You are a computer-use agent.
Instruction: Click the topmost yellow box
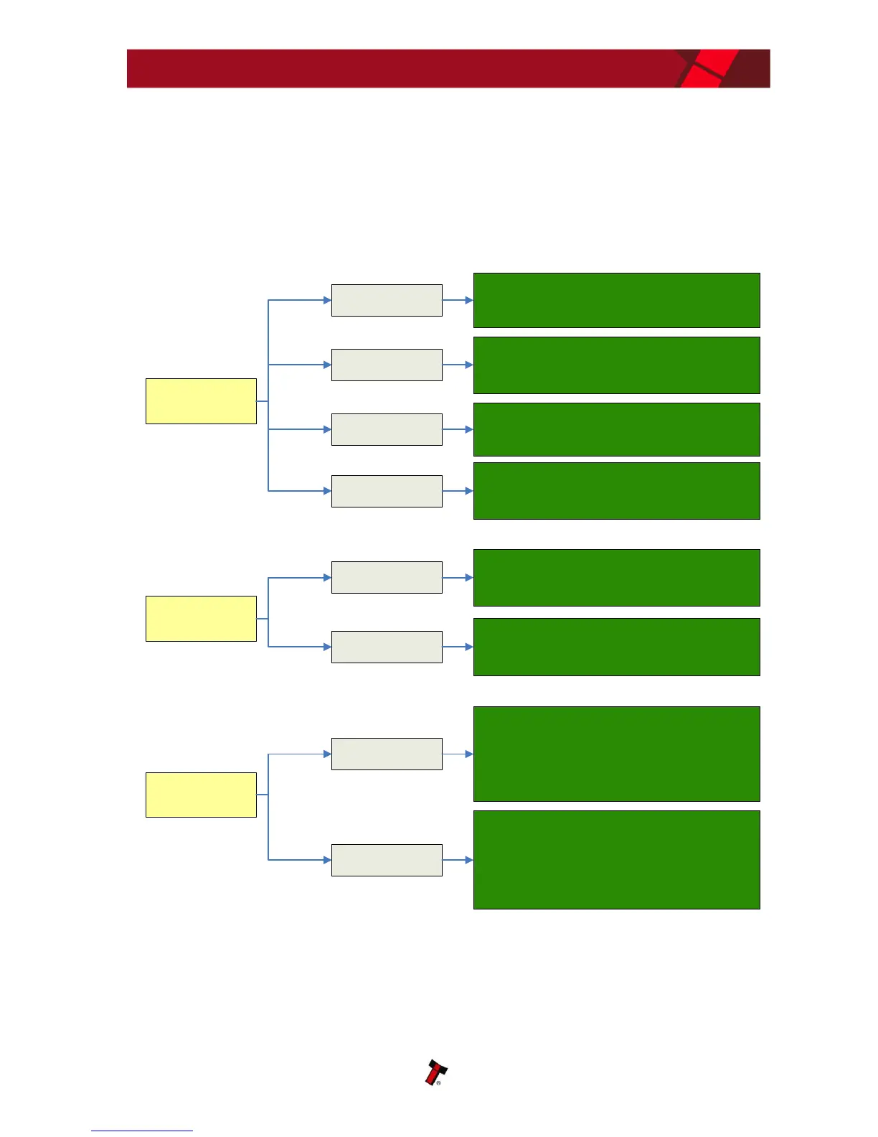pyautogui.click(x=201, y=401)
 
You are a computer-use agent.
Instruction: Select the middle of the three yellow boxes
pyautogui.click(x=201, y=619)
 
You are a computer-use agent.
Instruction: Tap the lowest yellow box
pyautogui.click(x=201, y=795)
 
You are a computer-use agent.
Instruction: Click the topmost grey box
pyautogui.click(x=387, y=300)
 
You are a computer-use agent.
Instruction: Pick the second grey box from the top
pyautogui.click(x=387, y=365)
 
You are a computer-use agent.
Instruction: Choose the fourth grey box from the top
pyautogui.click(x=387, y=491)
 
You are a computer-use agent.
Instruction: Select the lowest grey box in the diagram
pyautogui.click(x=387, y=860)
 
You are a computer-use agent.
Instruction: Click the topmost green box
pyautogui.click(x=616, y=300)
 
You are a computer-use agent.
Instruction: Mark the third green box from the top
pyautogui.click(x=616, y=429)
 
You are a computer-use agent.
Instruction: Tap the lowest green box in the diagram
pyautogui.click(x=616, y=860)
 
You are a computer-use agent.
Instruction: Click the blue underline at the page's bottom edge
pyautogui.click(x=142, y=1131)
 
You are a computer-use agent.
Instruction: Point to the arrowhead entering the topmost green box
pyautogui.click(x=469, y=300)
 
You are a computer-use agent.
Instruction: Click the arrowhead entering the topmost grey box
pyautogui.click(x=327, y=300)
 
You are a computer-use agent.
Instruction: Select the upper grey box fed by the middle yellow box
pyautogui.click(x=387, y=577)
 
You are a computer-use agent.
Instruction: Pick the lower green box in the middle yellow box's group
pyautogui.click(x=616, y=647)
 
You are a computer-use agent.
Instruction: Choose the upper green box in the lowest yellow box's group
pyautogui.click(x=616, y=754)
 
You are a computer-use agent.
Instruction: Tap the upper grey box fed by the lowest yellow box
pyautogui.click(x=387, y=754)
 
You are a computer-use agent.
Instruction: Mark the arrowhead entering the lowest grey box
pyautogui.click(x=327, y=860)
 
